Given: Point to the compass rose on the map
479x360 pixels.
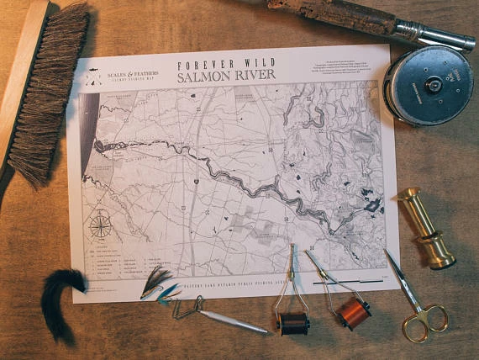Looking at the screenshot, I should pos(101,225).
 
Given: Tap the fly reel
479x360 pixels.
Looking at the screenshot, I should pos(428,84).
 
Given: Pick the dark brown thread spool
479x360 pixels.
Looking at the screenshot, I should pos(293,322).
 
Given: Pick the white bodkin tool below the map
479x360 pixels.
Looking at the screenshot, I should pos(230,322).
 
